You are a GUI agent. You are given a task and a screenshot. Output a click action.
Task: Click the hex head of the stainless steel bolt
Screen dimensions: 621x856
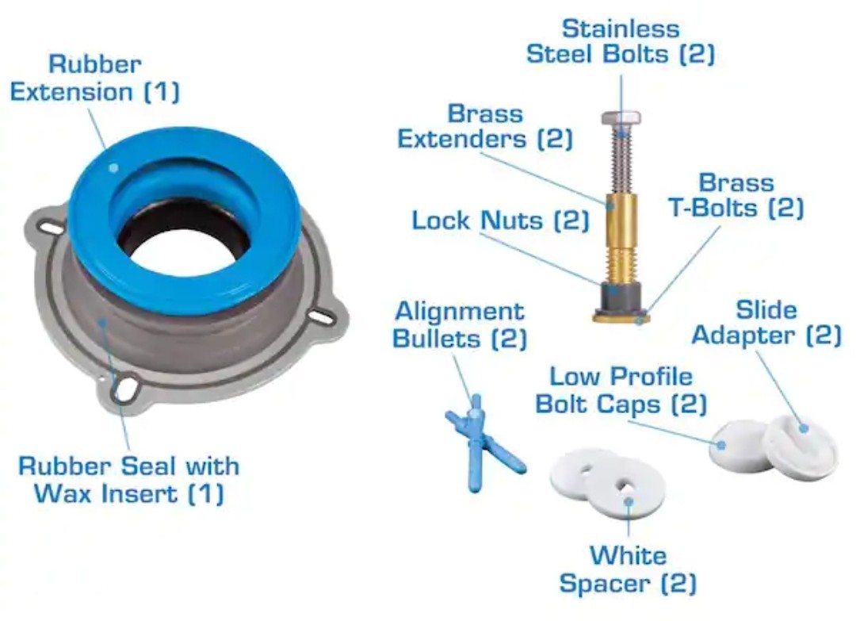[621, 120]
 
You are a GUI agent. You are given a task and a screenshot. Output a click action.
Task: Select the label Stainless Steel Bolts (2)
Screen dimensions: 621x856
[621, 41]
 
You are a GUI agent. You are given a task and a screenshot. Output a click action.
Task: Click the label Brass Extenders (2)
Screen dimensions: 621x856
[484, 126]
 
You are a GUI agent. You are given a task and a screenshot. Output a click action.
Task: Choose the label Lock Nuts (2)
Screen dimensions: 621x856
[500, 220]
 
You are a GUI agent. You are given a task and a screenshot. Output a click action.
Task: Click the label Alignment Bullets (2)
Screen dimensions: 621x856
[460, 324]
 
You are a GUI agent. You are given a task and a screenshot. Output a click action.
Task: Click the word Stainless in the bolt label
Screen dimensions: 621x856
[621, 29]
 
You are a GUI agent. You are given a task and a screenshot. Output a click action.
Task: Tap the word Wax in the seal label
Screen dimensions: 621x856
[63, 493]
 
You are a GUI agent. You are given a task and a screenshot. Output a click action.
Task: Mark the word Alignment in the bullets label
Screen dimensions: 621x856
[460, 311]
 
